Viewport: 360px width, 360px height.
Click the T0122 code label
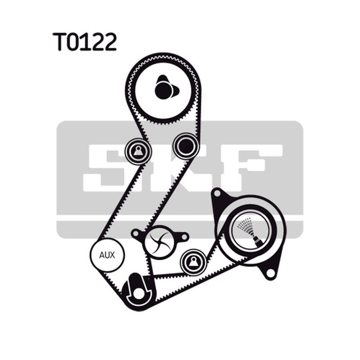tap(85, 41)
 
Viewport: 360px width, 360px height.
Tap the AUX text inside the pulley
tap(107, 255)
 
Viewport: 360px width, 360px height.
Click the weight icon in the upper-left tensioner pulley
tap(138, 151)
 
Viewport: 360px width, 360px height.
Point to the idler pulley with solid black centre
tap(186, 145)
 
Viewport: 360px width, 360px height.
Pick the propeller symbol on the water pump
tap(160, 243)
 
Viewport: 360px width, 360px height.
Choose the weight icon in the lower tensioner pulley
tap(193, 262)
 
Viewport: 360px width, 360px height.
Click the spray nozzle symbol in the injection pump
tap(250, 232)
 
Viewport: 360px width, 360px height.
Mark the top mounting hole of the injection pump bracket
tap(217, 193)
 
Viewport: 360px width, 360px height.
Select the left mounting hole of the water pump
tap(136, 234)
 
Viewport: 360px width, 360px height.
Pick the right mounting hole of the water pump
tap(184, 237)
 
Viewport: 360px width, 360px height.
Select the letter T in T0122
tap(60, 41)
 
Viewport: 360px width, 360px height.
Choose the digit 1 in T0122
tap(88, 41)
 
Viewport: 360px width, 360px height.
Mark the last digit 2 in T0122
tap(110, 41)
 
